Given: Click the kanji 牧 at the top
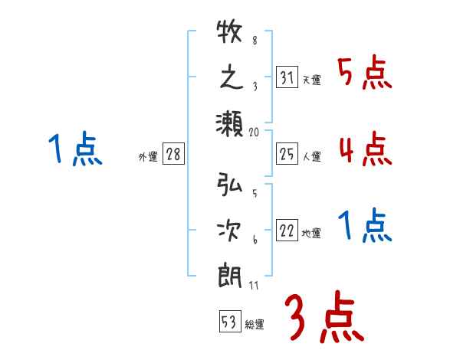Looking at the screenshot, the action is (230, 34).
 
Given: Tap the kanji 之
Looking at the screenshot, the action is (230, 78).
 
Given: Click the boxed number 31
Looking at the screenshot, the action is (287, 78).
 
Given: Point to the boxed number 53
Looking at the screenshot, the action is (228, 322).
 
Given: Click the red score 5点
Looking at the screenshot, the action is (365, 75).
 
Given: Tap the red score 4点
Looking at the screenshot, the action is (365, 149).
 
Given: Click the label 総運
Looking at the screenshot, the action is (254, 325).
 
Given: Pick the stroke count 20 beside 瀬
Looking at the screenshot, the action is (255, 132).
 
